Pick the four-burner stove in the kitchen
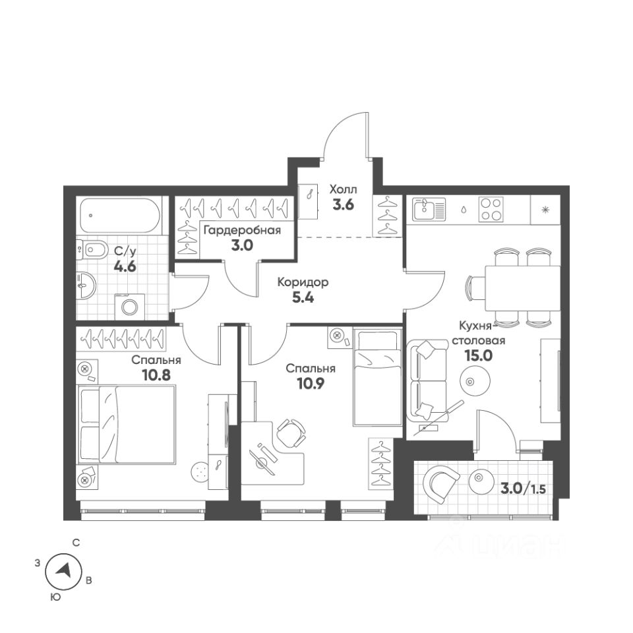click(491, 210)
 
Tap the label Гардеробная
click(241, 230)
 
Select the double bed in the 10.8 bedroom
click(127, 425)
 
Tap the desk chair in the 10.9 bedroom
click(291, 433)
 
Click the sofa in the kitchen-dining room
click(423, 380)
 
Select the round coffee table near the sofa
click(472, 380)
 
